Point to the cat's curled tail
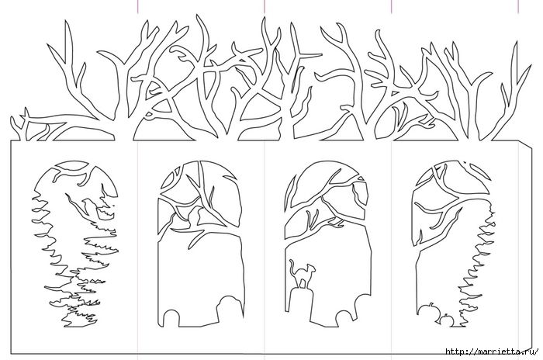tap(292, 266)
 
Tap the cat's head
tap(312, 268)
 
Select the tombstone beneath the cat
tap(300, 303)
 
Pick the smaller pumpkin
tap(447, 320)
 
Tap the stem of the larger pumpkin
tap(431, 305)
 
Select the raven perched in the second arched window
tap(195, 216)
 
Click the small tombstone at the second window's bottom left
tap(171, 318)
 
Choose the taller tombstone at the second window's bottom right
tap(230, 308)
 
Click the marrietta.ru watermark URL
tap(492, 351)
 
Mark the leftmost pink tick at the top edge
tap(138, 6)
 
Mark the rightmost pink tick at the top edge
tap(518, 6)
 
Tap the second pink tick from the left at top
tap(265, 6)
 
